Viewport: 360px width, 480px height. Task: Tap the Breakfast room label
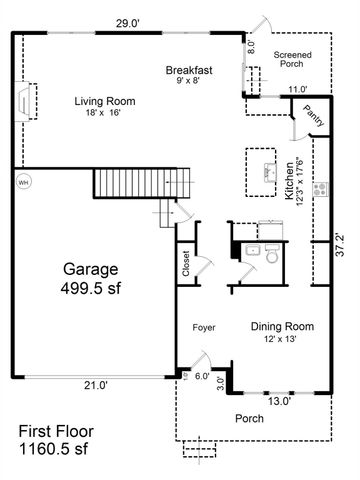(x=189, y=70)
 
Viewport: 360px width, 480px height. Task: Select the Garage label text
(x=91, y=269)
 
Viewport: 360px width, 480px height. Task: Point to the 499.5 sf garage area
(x=91, y=290)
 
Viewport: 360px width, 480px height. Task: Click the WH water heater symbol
(x=24, y=182)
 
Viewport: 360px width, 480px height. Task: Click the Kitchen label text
(x=288, y=182)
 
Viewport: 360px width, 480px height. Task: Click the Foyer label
(x=204, y=327)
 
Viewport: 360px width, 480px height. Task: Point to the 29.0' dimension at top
(x=127, y=22)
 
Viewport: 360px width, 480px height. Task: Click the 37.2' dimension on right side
(x=341, y=241)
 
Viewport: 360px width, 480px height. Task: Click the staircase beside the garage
(x=129, y=184)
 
